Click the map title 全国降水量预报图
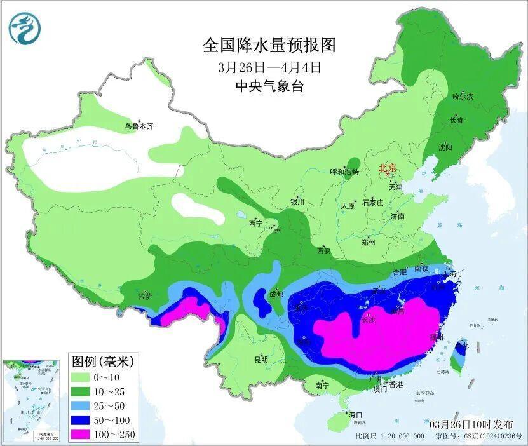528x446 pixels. click(269, 46)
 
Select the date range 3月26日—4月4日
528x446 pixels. click(269, 67)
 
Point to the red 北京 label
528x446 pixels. click(388, 168)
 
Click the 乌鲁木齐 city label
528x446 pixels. click(139, 126)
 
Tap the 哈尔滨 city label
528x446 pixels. click(463, 97)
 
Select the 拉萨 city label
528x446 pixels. click(145, 296)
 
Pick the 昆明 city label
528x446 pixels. click(261, 360)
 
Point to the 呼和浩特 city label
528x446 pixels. click(344, 172)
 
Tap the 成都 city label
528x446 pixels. click(275, 294)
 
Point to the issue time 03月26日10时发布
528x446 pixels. click(470, 424)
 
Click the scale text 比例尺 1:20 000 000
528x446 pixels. click(389, 436)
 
